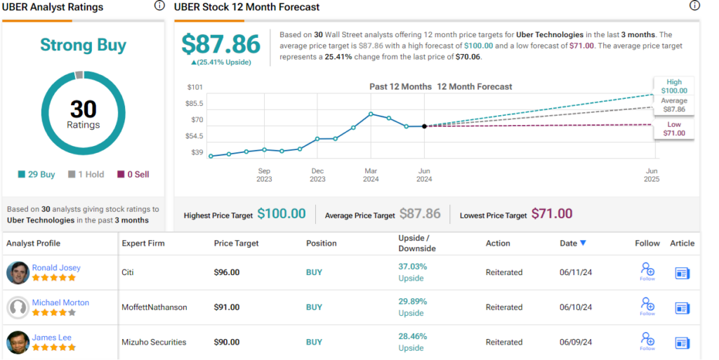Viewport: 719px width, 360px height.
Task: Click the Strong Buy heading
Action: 83,46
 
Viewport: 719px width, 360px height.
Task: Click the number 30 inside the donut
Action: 84,109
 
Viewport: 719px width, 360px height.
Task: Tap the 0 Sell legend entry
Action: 133,174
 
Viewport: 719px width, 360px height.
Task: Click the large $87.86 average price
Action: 220,44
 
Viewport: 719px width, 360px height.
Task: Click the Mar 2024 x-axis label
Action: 371,175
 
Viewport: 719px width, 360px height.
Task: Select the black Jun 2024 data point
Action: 424,126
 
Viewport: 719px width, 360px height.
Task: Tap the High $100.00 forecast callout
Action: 674,86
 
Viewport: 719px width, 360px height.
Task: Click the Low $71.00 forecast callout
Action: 673,128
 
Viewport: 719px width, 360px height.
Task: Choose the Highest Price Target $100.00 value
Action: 281,214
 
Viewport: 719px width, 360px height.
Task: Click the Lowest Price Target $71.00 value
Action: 551,214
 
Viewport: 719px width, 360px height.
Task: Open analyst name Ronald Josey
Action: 56,267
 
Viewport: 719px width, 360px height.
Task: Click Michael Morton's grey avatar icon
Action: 18,307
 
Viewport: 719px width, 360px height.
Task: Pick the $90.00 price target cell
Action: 227,342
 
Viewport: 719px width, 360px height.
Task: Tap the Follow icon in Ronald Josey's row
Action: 647,270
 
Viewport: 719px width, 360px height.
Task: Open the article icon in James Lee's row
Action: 682,342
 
